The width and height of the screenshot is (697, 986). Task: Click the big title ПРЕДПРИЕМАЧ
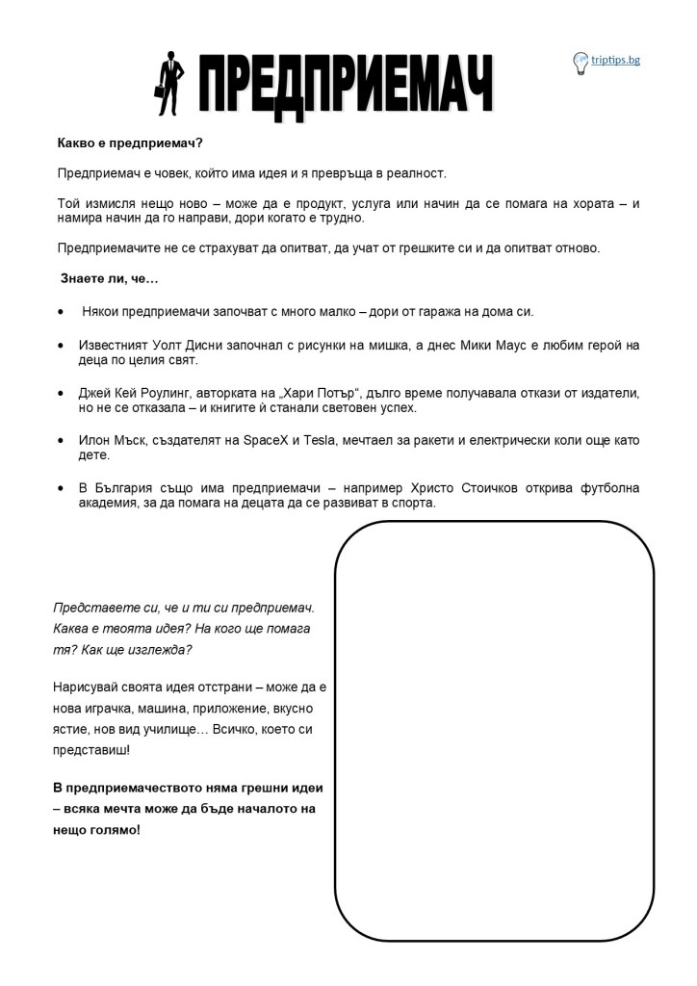tap(346, 85)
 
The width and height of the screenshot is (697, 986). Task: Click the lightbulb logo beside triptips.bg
tap(581, 63)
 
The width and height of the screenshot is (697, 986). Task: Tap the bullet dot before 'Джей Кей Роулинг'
tap(63, 393)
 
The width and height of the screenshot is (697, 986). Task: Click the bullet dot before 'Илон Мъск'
tap(63, 440)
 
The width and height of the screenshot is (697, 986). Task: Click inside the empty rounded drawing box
tap(494, 732)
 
